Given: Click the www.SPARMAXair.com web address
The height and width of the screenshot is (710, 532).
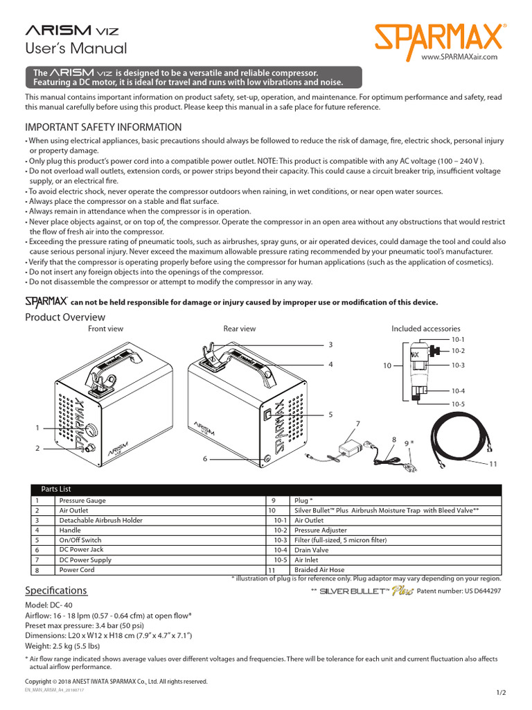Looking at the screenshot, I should tap(459, 57).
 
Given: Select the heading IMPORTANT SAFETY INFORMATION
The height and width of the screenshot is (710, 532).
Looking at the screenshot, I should tap(103, 128).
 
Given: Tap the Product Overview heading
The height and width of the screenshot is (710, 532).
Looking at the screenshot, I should tap(65, 317).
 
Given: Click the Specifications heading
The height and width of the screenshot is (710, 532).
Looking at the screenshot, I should tap(56, 590).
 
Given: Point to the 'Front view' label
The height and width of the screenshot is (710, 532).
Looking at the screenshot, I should tap(105, 329).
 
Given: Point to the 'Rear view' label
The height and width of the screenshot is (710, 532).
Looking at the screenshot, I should tap(239, 329).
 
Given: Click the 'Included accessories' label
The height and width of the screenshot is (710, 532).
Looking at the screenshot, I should tap(425, 329).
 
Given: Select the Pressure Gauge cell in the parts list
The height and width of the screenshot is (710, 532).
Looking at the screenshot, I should tap(83, 500).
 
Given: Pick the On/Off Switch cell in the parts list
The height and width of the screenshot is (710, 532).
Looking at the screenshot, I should tap(80, 539).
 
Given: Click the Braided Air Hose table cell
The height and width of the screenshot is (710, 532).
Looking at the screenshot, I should tap(319, 570).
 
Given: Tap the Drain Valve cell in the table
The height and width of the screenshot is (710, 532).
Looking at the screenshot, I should tap(312, 550).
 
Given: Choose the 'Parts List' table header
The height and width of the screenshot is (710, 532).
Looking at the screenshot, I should tap(56, 490).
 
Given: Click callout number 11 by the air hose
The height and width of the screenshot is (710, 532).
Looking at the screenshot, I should tap(494, 463).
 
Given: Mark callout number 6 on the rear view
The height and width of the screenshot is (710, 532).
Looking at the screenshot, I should tap(205, 458).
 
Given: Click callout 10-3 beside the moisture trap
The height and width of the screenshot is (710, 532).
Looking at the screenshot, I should tap(458, 365).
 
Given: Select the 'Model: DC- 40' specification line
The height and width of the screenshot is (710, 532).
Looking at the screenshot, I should tap(51, 605).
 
